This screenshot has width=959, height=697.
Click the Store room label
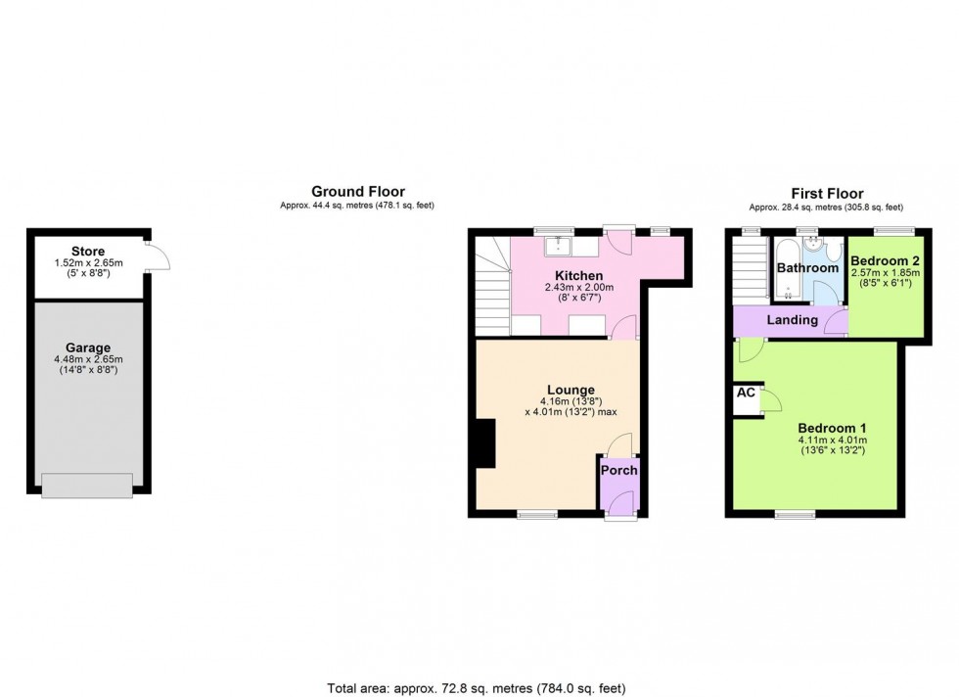coord(88,253)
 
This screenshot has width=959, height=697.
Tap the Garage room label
coord(88,348)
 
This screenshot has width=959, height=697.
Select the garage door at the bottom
coord(87,485)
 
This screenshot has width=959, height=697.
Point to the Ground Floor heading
coord(357,192)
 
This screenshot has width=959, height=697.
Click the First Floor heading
coord(826,194)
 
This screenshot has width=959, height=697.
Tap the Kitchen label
coord(578,276)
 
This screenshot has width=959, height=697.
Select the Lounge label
coord(571,391)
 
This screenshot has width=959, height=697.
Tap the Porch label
coord(618,471)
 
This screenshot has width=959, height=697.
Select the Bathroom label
coord(807,268)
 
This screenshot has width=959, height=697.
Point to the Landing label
coord(792,320)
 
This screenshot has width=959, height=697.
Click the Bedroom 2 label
coord(884,260)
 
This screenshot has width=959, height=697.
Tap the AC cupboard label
coord(746,393)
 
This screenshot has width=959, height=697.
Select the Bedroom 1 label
coord(832,429)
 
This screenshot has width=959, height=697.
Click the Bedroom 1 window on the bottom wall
coord(796,513)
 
